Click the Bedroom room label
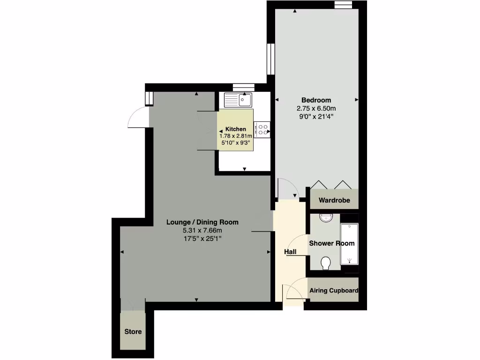(316, 100)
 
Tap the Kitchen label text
(235, 129)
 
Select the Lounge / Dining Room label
(202, 222)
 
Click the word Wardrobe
(334, 201)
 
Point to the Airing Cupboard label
(334, 291)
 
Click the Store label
(133, 332)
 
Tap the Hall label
(290, 252)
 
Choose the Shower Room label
(331, 243)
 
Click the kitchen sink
(239, 99)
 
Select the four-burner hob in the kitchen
(262, 130)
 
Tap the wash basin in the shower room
(325, 217)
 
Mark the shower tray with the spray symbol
(349, 245)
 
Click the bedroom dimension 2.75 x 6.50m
(316, 108)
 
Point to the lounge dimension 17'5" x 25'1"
(202, 239)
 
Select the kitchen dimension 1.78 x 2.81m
(235, 136)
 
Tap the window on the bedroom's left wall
(270, 59)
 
